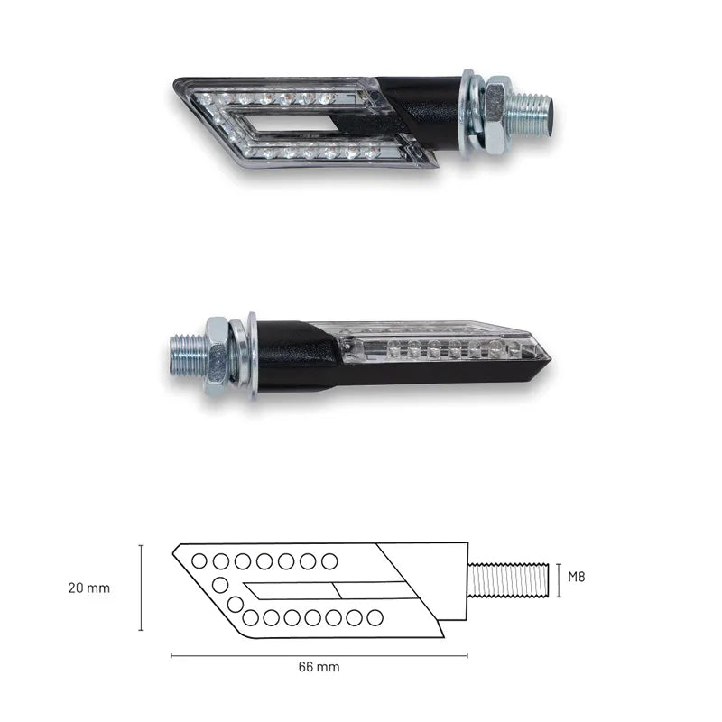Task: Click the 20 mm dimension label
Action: point(88,588)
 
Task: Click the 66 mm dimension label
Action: point(319,668)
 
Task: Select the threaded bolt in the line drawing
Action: point(510,579)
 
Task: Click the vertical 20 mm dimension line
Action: point(141,588)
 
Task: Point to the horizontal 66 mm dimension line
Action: point(319,654)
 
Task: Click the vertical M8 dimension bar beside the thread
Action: point(560,579)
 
